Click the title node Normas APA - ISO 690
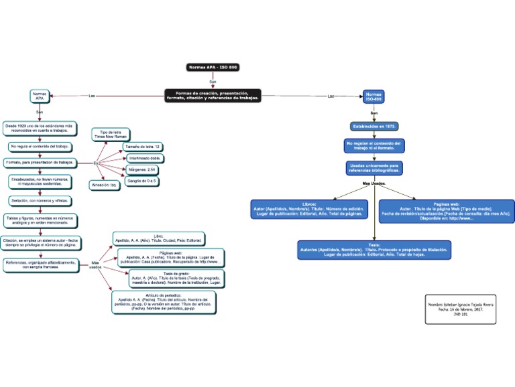tap(213, 68)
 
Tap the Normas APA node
tap(39, 96)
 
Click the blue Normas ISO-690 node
tap(374, 97)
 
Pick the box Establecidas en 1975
tap(374, 126)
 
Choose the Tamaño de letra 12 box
tap(143, 146)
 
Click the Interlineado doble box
tap(144, 158)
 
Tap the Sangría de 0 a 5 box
tap(141, 181)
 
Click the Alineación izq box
tap(105, 185)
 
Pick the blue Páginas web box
tap(446, 210)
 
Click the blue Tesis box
tap(374, 250)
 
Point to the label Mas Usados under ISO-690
tap(374, 183)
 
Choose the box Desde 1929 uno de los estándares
tap(42, 128)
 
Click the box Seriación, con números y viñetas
tap(40, 200)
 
